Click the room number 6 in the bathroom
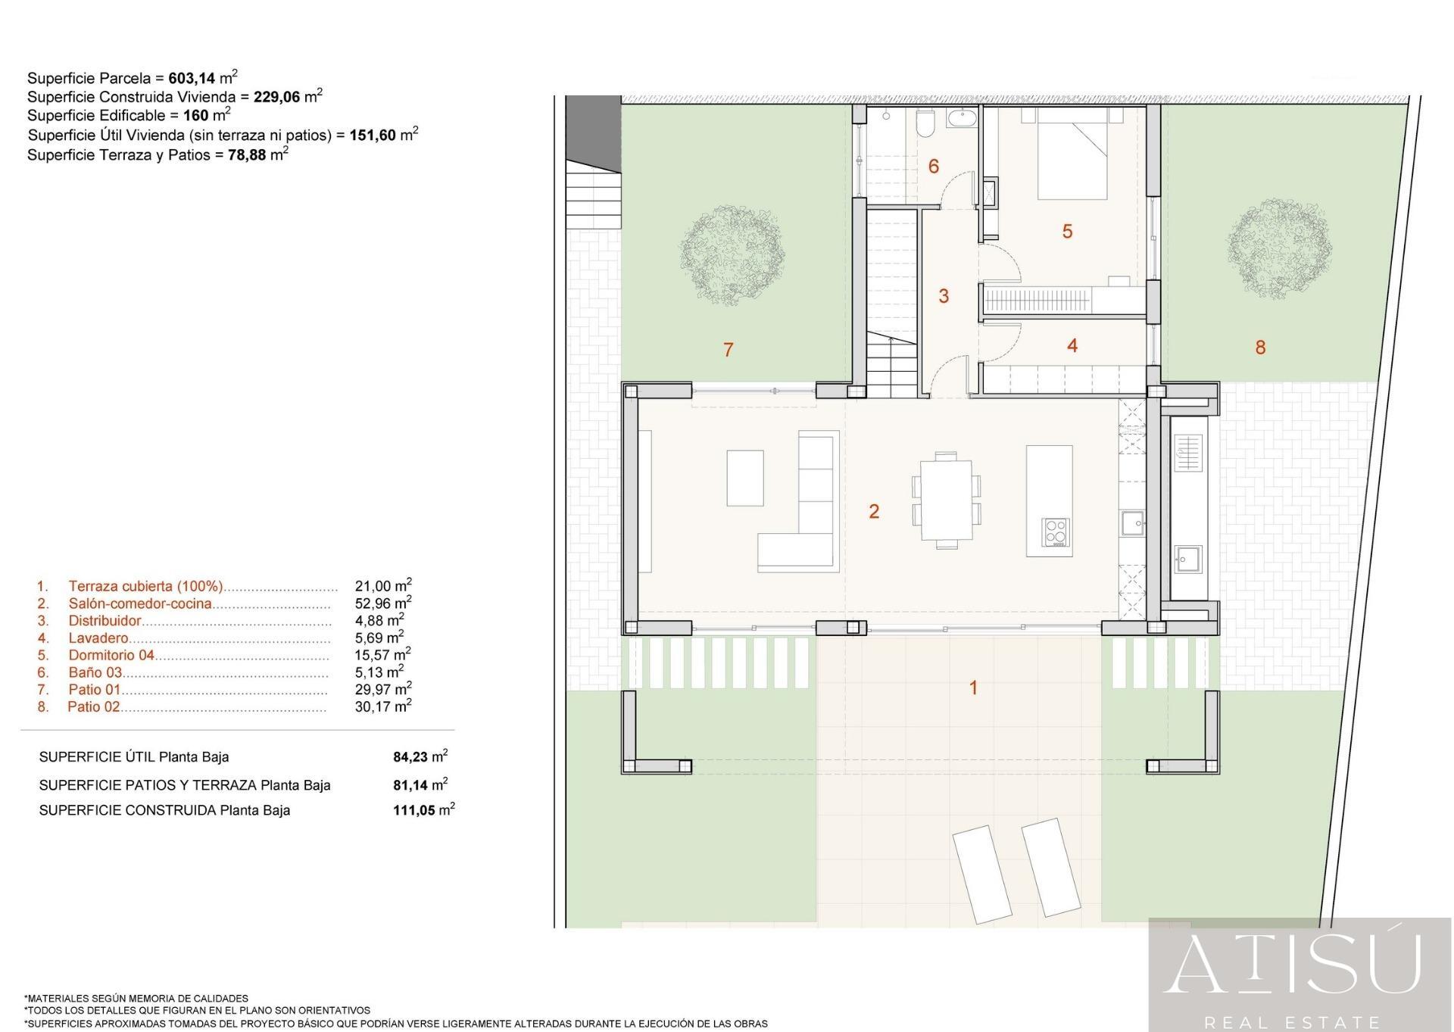934,167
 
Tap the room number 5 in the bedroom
1068,232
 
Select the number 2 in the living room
874,512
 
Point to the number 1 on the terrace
974,688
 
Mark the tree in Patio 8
1279,248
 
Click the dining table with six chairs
947,500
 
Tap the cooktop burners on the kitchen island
1055,532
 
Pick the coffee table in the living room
745,478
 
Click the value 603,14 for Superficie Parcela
192,78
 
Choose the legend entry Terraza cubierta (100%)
146,587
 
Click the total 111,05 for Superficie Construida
413,810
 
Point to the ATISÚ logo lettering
1292,964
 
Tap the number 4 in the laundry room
1072,346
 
